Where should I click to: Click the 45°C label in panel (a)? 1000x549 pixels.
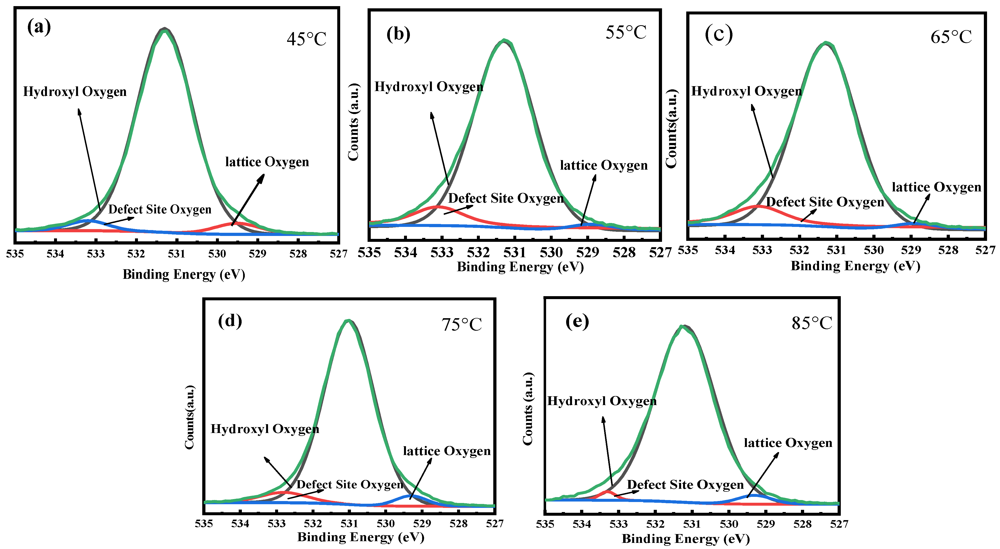pyautogui.click(x=307, y=39)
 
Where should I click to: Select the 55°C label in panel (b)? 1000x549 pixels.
pyautogui.click(x=626, y=32)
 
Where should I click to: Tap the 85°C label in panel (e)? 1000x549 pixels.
pyautogui.click(x=812, y=323)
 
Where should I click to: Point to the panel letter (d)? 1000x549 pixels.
pyautogui.click(x=230, y=321)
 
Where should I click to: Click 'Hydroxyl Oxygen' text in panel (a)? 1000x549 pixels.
pyautogui.click(x=75, y=92)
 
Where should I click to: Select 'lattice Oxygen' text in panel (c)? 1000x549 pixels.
pyautogui.click(x=936, y=187)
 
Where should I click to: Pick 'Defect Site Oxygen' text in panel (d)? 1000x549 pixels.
pyautogui.click(x=350, y=484)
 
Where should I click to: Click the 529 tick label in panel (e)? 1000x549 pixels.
pyautogui.click(x=765, y=524)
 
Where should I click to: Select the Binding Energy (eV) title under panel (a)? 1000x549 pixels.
pyautogui.click(x=184, y=274)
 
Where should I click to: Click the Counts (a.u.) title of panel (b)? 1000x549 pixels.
pyautogui.click(x=353, y=122)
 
